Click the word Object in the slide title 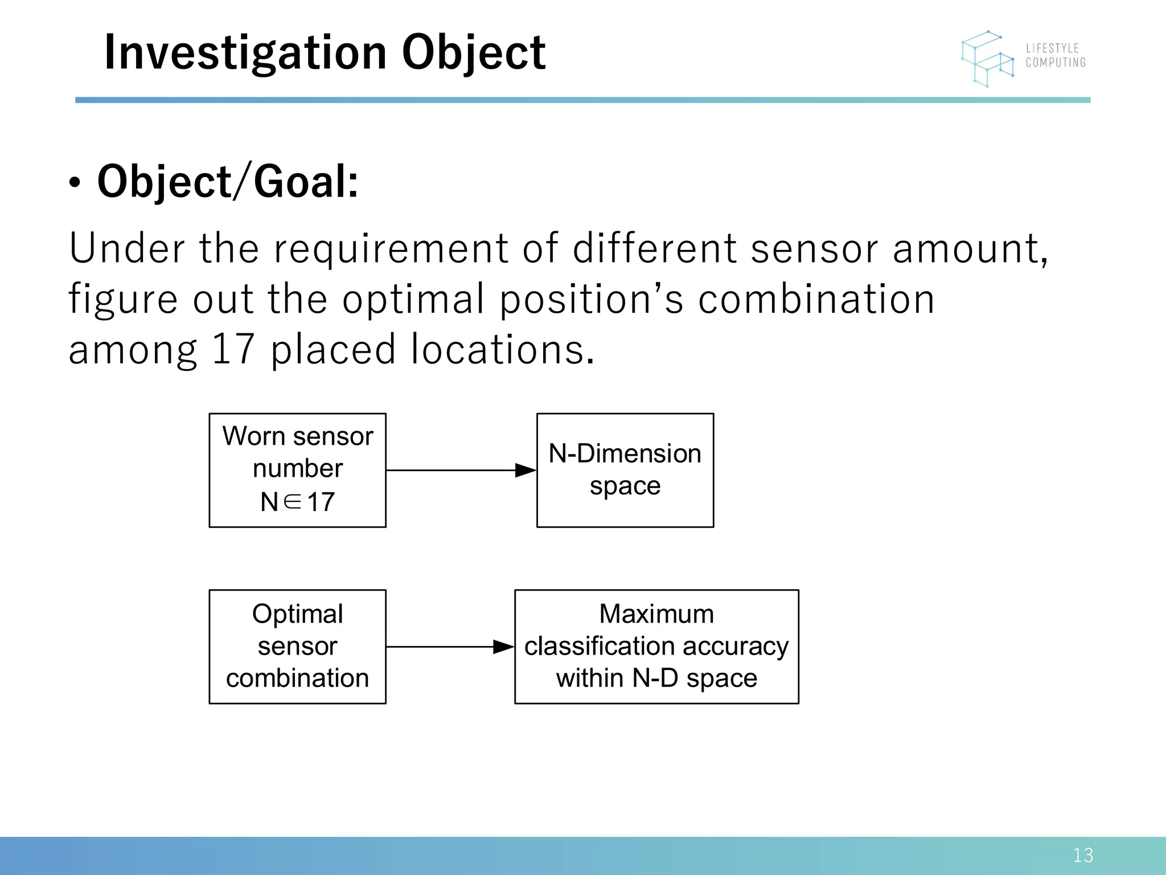[474, 53]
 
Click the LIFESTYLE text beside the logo [1052, 48]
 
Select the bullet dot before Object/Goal [75, 183]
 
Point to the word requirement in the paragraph [391, 249]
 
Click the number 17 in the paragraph [233, 349]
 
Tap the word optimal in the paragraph [413, 300]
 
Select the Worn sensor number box [297, 470]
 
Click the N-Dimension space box [625, 470]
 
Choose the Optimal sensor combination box [297, 647]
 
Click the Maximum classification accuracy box [656, 647]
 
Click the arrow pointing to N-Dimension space [461, 471]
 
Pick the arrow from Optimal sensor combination [450, 647]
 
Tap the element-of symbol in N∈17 [292, 502]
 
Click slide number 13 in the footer [1082, 855]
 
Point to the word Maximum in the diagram [656, 614]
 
